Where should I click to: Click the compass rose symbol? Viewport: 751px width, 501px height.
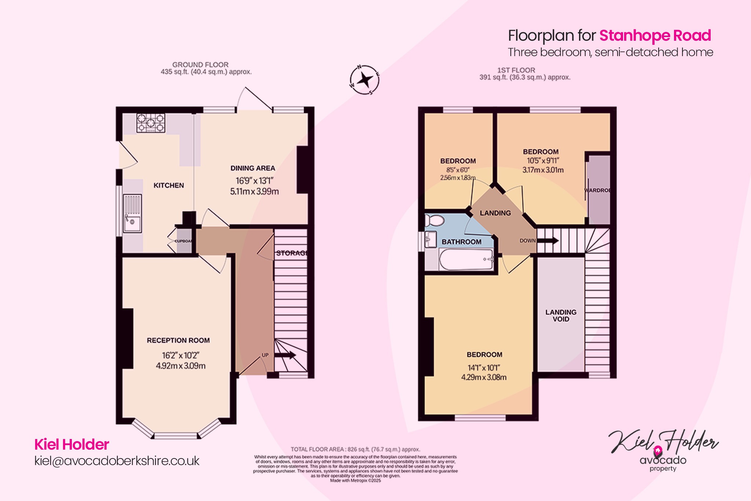click(x=364, y=80)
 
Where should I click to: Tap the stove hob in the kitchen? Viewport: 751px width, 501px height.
click(x=151, y=123)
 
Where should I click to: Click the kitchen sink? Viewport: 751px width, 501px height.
click(x=132, y=213)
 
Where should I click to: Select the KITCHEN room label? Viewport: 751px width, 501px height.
click(x=169, y=186)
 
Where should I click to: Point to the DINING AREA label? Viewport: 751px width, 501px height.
click(x=253, y=168)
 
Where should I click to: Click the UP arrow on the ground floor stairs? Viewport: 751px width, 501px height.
click(x=285, y=355)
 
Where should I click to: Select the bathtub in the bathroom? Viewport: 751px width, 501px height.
click(x=466, y=260)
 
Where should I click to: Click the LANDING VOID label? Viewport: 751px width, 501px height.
click(x=561, y=315)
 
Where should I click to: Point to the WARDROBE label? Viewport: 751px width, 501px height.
click(x=597, y=190)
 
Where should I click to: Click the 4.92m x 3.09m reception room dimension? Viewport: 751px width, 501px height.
click(x=180, y=366)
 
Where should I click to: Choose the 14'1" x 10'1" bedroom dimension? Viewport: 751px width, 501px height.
click(x=484, y=367)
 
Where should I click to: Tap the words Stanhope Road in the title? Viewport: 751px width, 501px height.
click(x=655, y=36)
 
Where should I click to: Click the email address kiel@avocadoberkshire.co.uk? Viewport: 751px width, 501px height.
click(x=117, y=461)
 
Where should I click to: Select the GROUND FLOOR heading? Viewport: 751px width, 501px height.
click(x=200, y=65)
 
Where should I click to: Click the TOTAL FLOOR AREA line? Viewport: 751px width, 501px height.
click(x=355, y=449)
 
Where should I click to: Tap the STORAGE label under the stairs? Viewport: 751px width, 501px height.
click(x=292, y=253)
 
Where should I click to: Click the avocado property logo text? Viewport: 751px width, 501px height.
click(x=663, y=461)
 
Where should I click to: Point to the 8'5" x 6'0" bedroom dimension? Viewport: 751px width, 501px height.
click(x=458, y=170)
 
